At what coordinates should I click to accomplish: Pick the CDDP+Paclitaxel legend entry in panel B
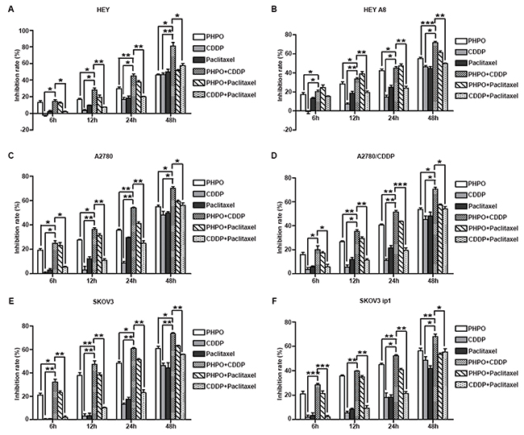pyautogui.click(x=488, y=96)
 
